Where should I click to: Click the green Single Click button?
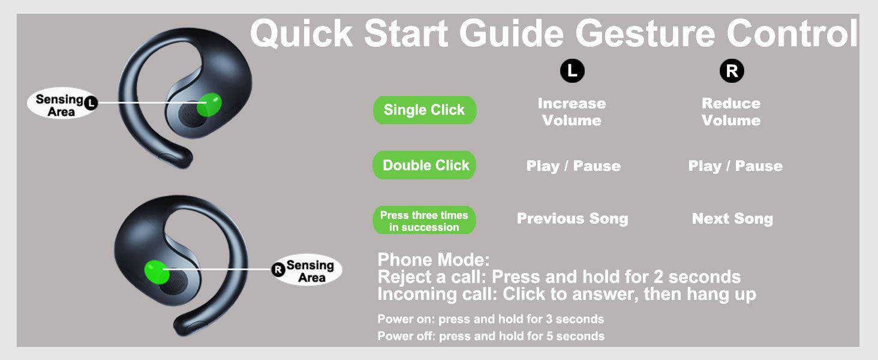425,110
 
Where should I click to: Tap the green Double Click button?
425,165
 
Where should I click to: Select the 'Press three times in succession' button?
424,221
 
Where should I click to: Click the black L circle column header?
572,71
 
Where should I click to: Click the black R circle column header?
732,71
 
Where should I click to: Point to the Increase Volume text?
572,112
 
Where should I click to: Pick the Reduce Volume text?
732,112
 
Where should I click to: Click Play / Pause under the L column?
573,166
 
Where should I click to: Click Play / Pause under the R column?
735,166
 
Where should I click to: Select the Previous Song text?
573,218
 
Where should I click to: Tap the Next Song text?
733,218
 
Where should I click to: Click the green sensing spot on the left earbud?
209,105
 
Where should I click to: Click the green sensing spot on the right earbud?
157,272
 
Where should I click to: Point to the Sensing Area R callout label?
307,270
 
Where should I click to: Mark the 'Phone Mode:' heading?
434,260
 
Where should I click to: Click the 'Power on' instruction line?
491,319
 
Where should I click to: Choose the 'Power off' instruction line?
491,336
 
